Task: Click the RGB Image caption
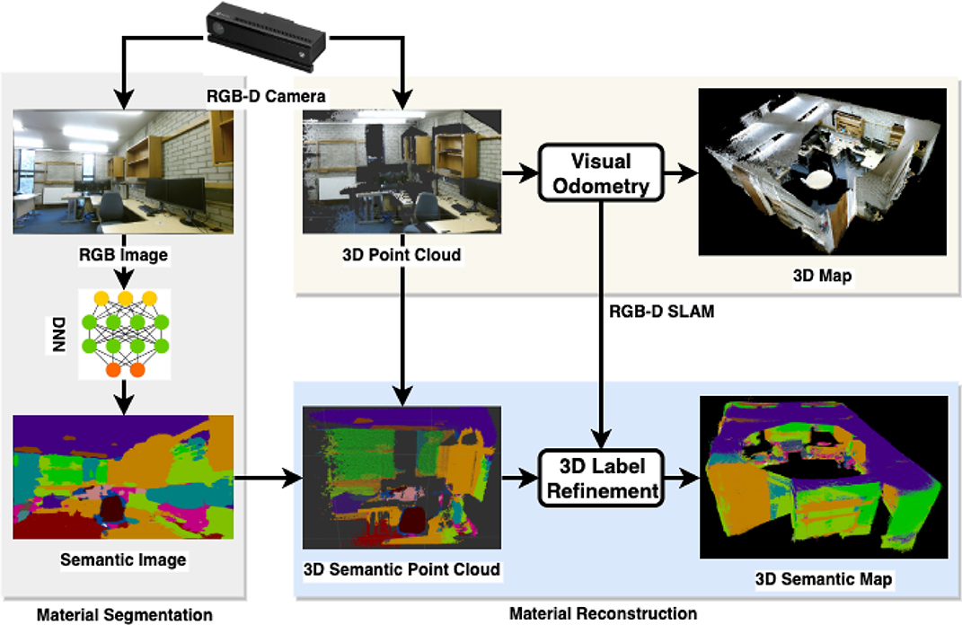(x=123, y=254)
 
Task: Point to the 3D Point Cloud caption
(x=402, y=255)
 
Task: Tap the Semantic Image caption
(x=123, y=560)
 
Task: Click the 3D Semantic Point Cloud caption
(x=402, y=569)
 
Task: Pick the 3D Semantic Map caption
(x=822, y=579)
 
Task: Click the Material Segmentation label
(x=124, y=615)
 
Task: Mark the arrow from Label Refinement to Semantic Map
(x=680, y=480)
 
